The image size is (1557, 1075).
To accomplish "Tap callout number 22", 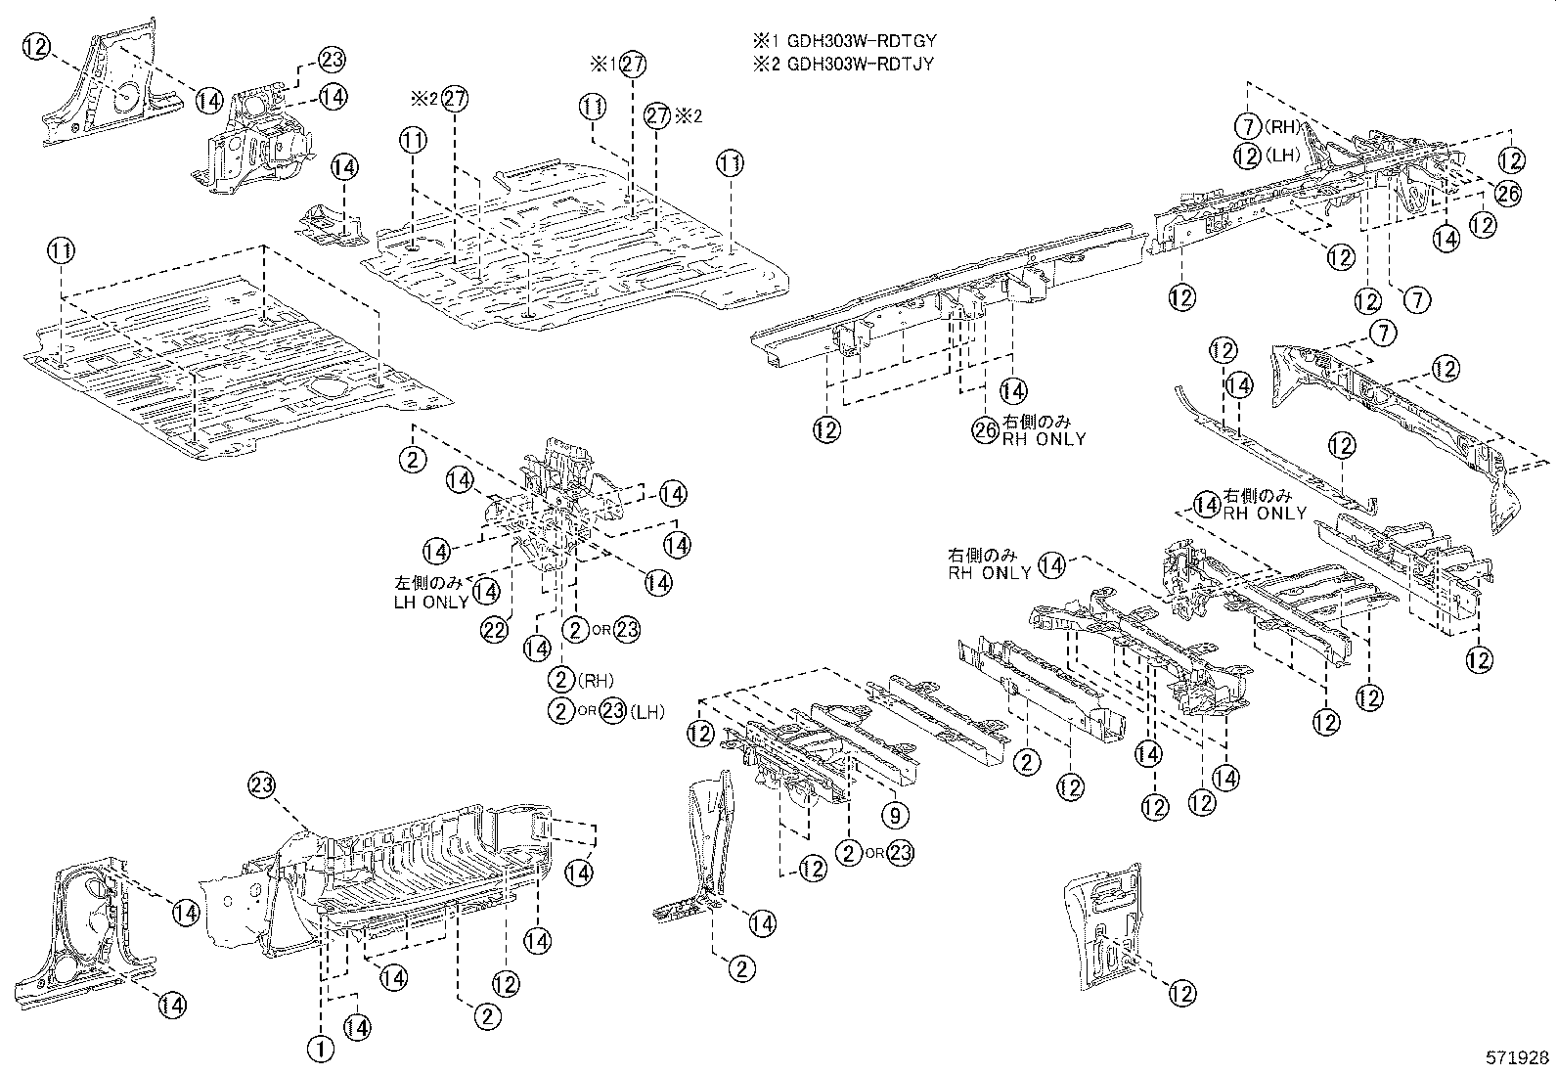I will [x=497, y=629].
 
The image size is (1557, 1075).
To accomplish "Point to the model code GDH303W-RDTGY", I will [x=857, y=42].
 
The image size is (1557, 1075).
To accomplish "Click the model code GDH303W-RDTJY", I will [x=857, y=64].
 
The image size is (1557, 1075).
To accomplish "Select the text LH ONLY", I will [x=430, y=602].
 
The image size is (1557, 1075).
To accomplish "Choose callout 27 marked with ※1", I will [x=633, y=65].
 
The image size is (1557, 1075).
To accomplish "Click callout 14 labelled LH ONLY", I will [x=486, y=591].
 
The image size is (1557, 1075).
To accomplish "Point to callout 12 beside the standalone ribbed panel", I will [x=1181, y=993].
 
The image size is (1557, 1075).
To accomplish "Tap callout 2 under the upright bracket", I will [x=741, y=968].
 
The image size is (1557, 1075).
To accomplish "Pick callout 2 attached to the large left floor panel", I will [x=413, y=459].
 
